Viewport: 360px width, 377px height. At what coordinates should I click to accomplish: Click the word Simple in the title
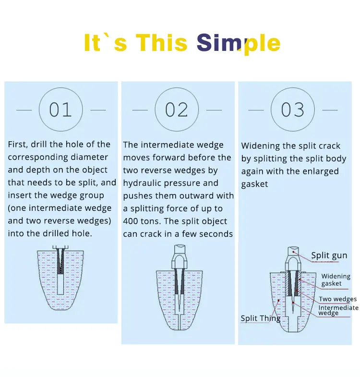[x=239, y=43]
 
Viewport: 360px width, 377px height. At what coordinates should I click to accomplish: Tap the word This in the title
[x=161, y=42]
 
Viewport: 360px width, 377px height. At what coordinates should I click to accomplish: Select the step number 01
[x=60, y=109]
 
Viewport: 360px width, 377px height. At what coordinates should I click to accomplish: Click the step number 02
[x=177, y=109]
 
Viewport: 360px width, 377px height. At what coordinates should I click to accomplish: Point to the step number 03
[x=292, y=109]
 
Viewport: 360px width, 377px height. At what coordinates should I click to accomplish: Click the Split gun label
[x=329, y=255]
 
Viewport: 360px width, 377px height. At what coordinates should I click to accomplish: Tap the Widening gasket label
[x=336, y=280]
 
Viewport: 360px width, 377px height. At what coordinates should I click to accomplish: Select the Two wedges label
[x=337, y=299]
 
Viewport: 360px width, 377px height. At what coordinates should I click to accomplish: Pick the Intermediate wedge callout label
[x=338, y=310]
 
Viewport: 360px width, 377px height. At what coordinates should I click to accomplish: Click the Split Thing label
[x=261, y=318]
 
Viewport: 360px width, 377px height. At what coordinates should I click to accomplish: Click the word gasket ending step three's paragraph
[x=254, y=184]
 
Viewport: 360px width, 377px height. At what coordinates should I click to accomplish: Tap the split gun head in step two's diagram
[x=179, y=257]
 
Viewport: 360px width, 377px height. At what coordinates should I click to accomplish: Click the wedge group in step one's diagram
[x=60, y=261]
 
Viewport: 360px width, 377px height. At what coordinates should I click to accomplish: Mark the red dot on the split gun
[x=293, y=252]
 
